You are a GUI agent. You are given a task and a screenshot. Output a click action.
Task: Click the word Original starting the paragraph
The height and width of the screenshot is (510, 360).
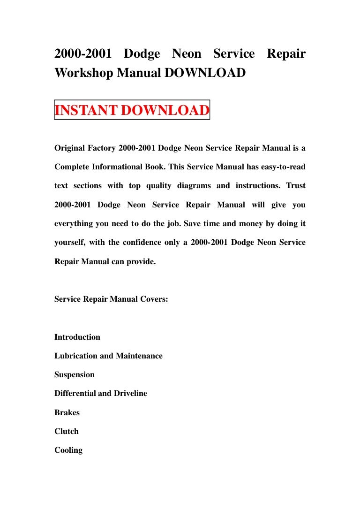point(69,148)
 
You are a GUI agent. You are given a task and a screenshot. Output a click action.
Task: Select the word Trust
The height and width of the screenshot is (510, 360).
point(296,186)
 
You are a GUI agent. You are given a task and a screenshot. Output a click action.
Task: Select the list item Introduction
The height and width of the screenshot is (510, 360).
point(77,337)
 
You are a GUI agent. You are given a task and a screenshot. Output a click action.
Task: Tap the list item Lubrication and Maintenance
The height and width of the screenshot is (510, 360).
point(108,356)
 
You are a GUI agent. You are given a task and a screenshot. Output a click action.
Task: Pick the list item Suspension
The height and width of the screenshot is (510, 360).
point(75,374)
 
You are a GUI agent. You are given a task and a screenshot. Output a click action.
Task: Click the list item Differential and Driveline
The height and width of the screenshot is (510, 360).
point(101,394)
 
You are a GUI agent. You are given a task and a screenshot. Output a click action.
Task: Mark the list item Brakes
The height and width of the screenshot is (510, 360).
point(67,412)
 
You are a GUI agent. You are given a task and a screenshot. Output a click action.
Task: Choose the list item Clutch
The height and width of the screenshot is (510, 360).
point(67,431)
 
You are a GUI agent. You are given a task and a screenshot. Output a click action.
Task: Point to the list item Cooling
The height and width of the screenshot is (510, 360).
point(68,450)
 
